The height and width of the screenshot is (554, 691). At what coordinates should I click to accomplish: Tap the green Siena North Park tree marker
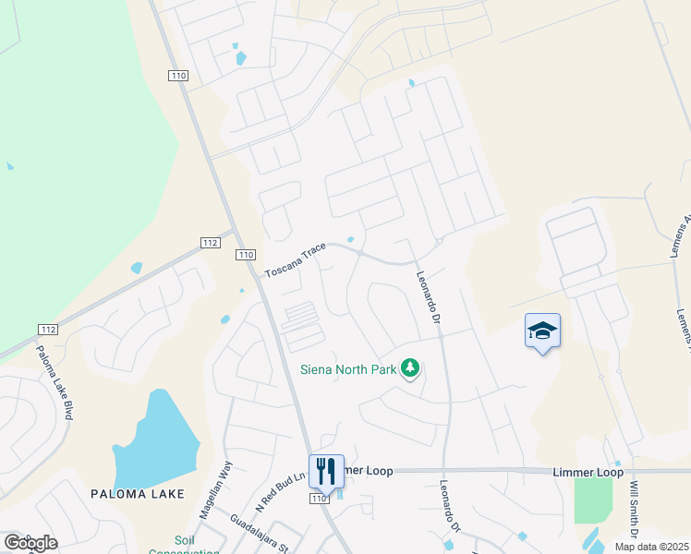410,370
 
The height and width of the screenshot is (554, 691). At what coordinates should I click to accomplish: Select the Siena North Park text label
347,370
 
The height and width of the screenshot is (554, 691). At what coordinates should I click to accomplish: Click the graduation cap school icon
542,331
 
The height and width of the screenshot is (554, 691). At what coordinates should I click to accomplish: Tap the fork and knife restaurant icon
326,471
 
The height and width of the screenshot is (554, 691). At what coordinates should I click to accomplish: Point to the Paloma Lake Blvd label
55,382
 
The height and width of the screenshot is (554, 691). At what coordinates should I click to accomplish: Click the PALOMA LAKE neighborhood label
138,494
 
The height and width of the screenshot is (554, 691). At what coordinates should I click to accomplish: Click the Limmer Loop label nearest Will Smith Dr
588,472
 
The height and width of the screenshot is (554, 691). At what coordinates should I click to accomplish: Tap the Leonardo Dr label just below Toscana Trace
425,296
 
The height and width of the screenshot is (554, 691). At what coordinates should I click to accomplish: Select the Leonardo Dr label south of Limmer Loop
450,508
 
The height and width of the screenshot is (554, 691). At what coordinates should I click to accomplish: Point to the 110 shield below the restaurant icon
320,499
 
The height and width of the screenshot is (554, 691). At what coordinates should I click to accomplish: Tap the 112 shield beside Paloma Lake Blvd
49,330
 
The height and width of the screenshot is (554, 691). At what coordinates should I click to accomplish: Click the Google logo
30,542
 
